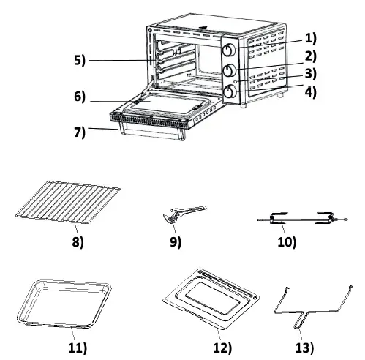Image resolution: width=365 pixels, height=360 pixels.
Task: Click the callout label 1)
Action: pyautogui.click(x=311, y=37)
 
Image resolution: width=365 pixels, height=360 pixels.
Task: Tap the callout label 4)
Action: pyautogui.click(x=311, y=93)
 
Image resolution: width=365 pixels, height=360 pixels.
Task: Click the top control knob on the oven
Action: pyautogui.click(x=228, y=50)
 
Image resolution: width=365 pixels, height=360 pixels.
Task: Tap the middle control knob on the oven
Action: pyautogui.click(x=228, y=71)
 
